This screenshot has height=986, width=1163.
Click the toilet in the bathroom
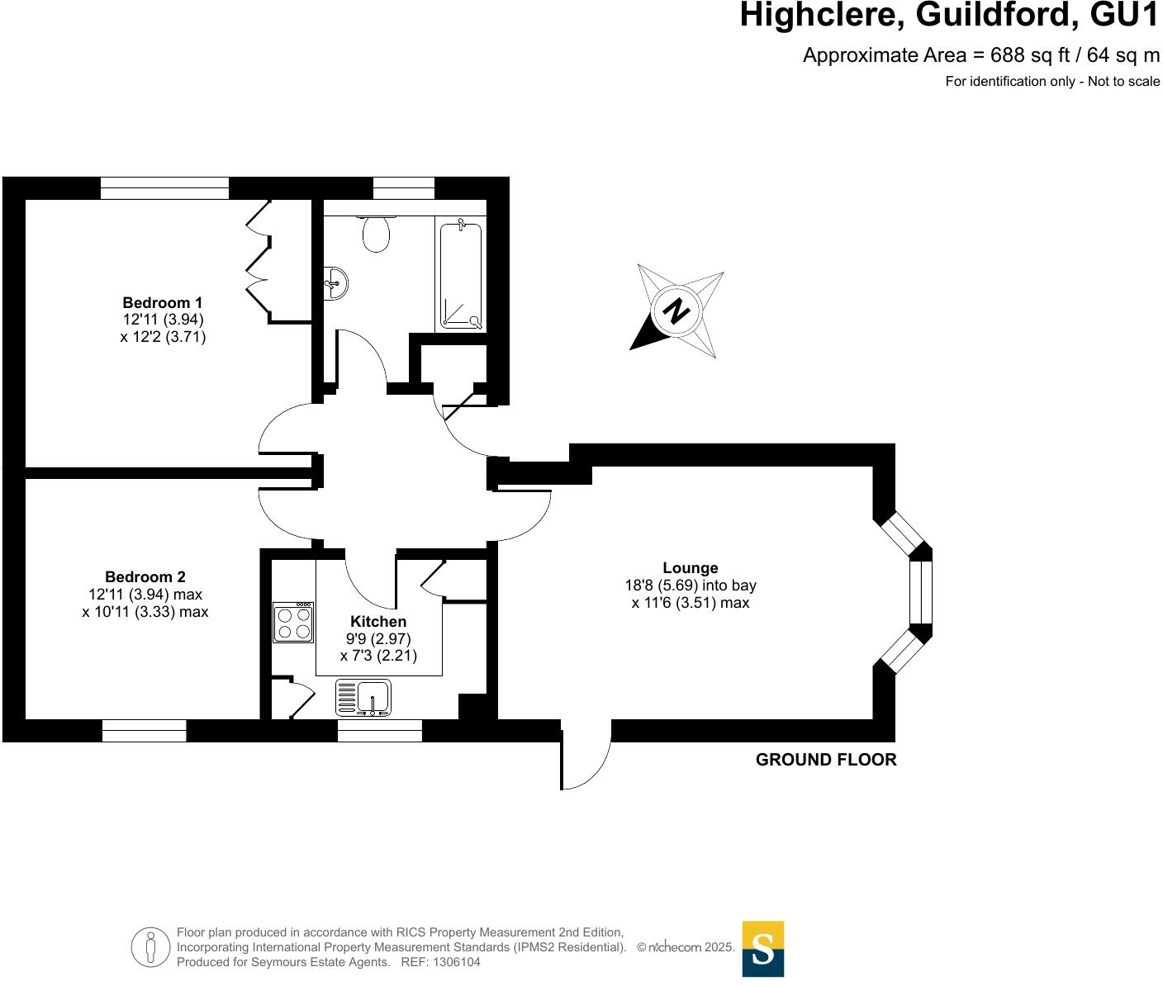click(376, 233)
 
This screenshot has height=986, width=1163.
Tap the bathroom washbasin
click(336, 282)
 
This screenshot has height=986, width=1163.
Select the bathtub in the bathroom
click(461, 274)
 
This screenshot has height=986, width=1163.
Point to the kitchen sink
click(364, 697)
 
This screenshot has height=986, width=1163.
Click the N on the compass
click(677, 312)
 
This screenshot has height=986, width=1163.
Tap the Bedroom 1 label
click(163, 302)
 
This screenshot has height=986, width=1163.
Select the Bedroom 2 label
click(145, 577)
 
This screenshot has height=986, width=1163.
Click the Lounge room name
click(691, 568)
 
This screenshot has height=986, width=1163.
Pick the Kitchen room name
click(378, 622)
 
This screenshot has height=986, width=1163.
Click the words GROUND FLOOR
click(826, 760)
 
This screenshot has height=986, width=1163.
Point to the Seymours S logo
click(763, 949)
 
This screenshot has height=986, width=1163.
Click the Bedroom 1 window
click(164, 188)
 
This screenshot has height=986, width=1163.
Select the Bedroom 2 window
click(145, 731)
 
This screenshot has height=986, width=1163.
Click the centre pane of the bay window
click(920, 592)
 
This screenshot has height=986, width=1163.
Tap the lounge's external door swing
click(585, 756)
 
